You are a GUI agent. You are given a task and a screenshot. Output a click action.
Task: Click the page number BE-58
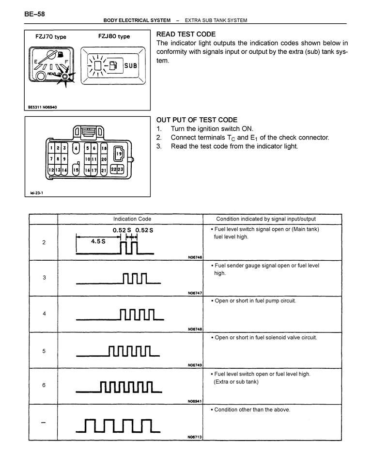35,14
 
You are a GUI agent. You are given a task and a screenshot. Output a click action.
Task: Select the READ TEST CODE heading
186,34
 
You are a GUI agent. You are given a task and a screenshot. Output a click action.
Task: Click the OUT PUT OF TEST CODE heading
197,120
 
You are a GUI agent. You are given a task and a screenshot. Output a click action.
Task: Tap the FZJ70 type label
51,37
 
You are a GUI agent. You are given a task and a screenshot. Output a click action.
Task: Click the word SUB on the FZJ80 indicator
131,65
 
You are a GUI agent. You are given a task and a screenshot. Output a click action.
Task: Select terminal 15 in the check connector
76,170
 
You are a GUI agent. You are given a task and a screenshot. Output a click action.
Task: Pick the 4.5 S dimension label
98,241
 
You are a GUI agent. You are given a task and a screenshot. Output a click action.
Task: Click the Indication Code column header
132,219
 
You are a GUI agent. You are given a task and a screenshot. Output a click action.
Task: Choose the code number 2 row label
44,242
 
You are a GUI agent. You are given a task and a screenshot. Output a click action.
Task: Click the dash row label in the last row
44,423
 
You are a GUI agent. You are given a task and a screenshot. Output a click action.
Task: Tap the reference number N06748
195,329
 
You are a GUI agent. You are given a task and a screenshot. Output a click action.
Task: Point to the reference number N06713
195,437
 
